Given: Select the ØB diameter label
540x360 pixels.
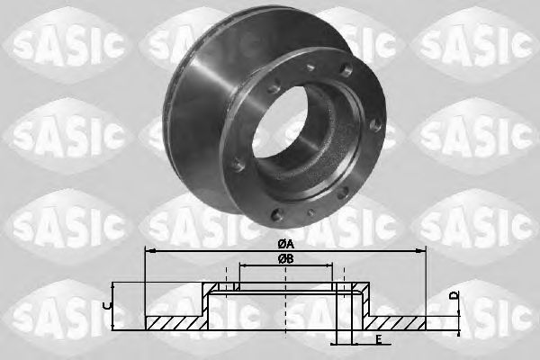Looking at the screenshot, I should (284, 259).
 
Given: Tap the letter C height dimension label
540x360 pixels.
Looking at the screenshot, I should (108, 306).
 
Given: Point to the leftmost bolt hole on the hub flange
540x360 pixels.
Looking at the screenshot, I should (237, 166).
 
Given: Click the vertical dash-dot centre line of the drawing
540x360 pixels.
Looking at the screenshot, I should (285, 306).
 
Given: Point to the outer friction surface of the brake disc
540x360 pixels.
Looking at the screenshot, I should (198, 99).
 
